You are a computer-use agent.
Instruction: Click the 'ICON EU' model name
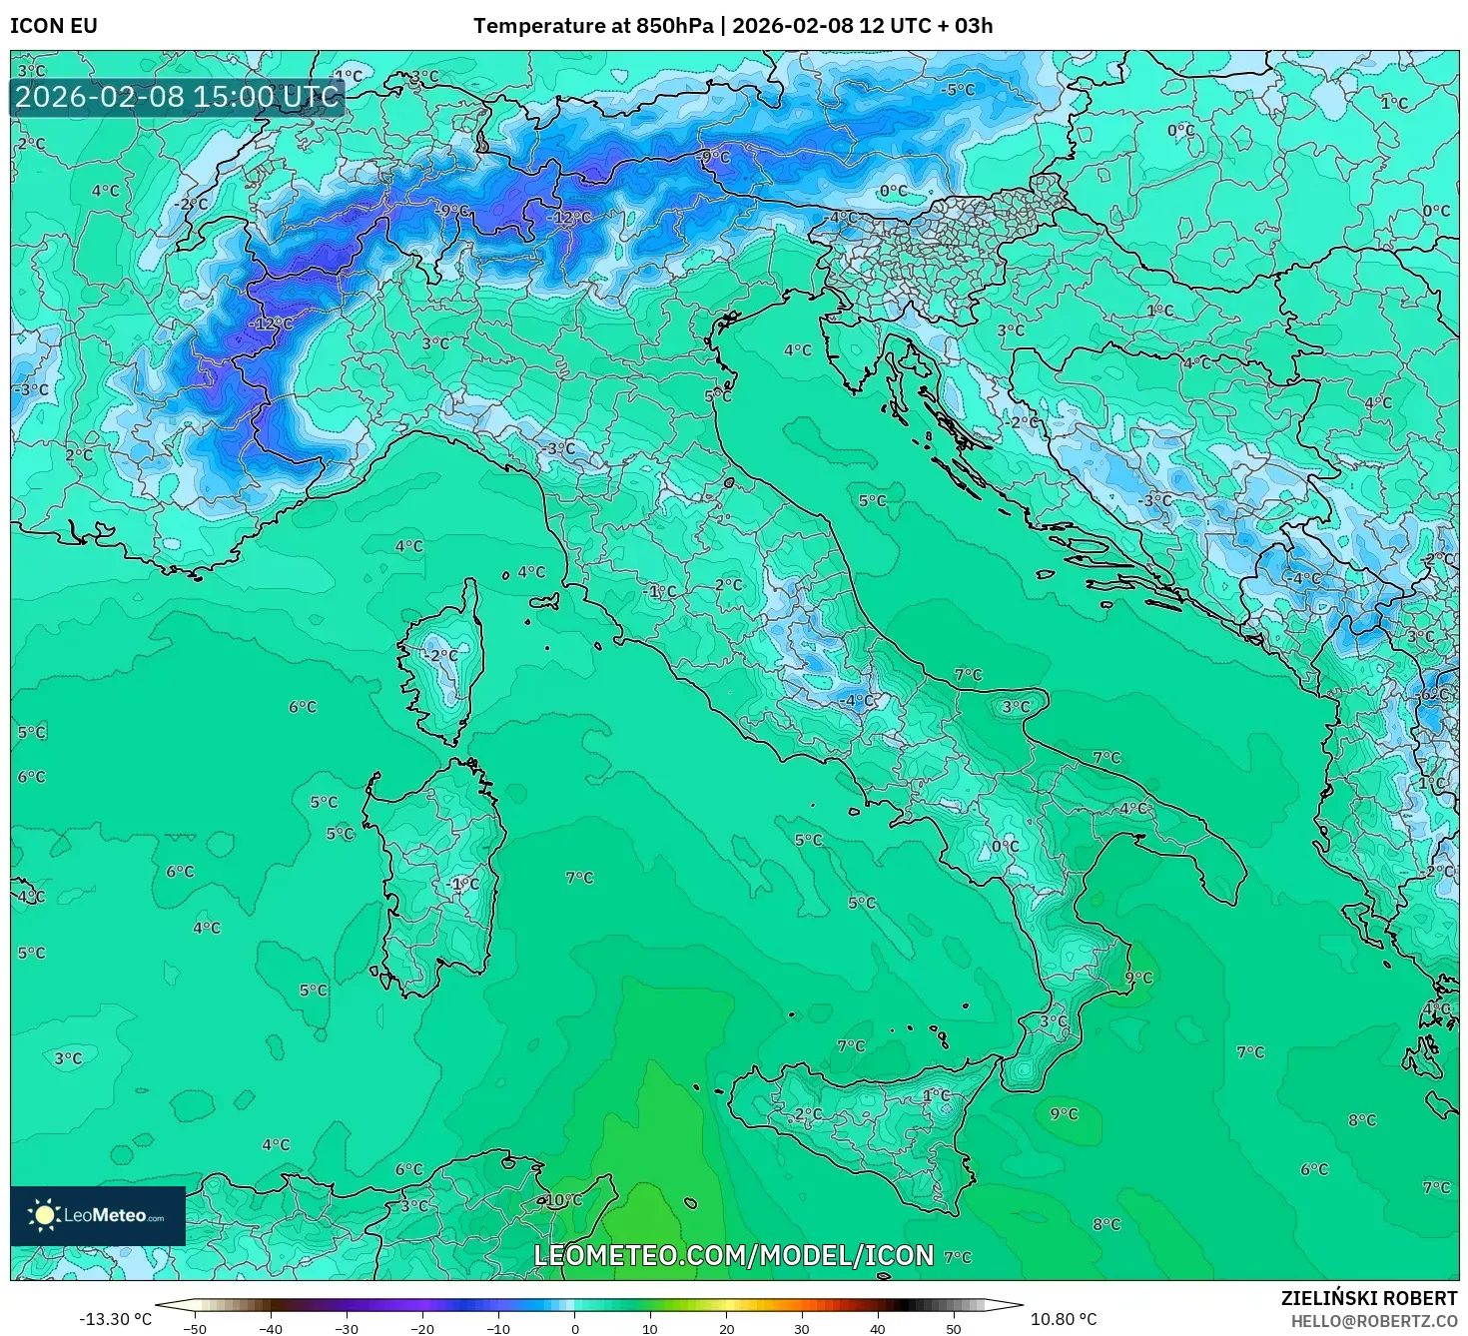click(54, 25)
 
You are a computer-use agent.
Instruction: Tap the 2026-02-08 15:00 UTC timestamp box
click(177, 97)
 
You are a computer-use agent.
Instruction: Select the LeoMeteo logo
click(98, 1215)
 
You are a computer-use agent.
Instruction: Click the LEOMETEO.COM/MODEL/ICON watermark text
click(734, 1255)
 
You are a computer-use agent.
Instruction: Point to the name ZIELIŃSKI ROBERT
click(1369, 1298)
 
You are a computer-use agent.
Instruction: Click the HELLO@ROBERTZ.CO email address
click(1373, 1321)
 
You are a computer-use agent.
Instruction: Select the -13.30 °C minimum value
click(116, 1319)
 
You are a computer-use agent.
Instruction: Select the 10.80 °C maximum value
click(1064, 1319)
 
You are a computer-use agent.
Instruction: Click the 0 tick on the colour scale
click(574, 1328)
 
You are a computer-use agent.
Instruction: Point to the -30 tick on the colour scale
click(346, 1328)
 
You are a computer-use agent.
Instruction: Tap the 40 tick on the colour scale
click(878, 1328)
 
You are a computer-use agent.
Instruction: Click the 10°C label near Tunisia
click(564, 1199)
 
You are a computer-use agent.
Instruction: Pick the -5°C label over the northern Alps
click(958, 90)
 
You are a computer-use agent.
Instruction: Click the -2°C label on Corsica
click(442, 656)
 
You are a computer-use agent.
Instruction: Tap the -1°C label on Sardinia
click(464, 884)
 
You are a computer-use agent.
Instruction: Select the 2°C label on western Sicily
click(809, 1113)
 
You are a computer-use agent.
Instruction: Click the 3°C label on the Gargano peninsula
click(1016, 706)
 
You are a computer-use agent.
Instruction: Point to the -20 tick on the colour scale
click(421, 1328)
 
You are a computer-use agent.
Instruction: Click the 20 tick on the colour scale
click(726, 1328)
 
